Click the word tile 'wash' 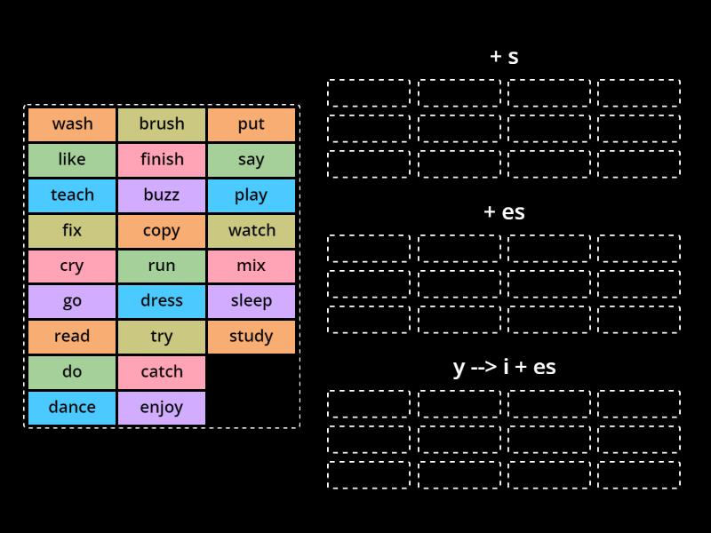pos(72,124)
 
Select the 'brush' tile pos(162,124)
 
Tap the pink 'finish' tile pos(162,160)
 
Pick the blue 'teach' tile pos(72,195)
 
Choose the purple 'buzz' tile pos(162,195)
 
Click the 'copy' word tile pos(162,231)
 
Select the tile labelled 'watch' pos(252,231)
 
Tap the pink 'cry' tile pos(72,266)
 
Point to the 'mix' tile pos(252,266)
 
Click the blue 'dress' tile pos(162,301)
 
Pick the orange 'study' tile pos(252,337)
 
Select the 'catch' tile pos(162,372)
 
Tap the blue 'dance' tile pos(72,408)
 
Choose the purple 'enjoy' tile pos(162,408)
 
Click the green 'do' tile pos(72,372)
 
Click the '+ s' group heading pos(504,57)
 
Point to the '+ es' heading pos(504,212)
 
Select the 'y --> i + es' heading pos(504,367)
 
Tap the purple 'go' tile pos(72,301)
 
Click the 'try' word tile pos(162,337)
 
